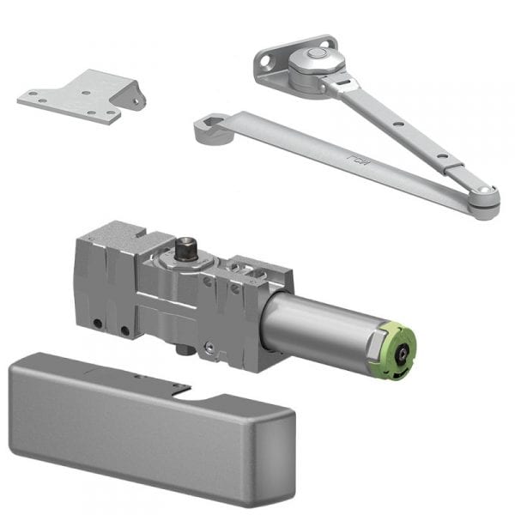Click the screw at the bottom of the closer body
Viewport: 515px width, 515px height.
pyautogui.click(x=209, y=347)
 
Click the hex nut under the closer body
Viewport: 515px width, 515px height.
pyautogui.click(x=182, y=349)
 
